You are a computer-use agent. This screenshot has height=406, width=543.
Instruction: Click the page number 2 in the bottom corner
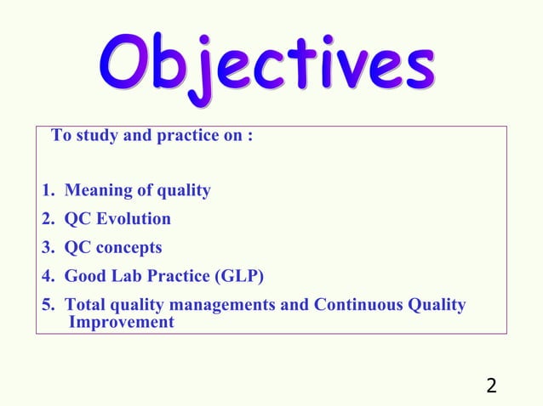(492, 386)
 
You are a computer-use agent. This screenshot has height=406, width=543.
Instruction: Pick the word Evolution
(135, 219)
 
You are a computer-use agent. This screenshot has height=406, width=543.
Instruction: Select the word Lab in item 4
(122, 277)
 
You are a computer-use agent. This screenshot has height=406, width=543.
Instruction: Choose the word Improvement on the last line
(120, 323)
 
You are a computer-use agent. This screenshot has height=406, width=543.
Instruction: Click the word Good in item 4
(84, 277)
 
